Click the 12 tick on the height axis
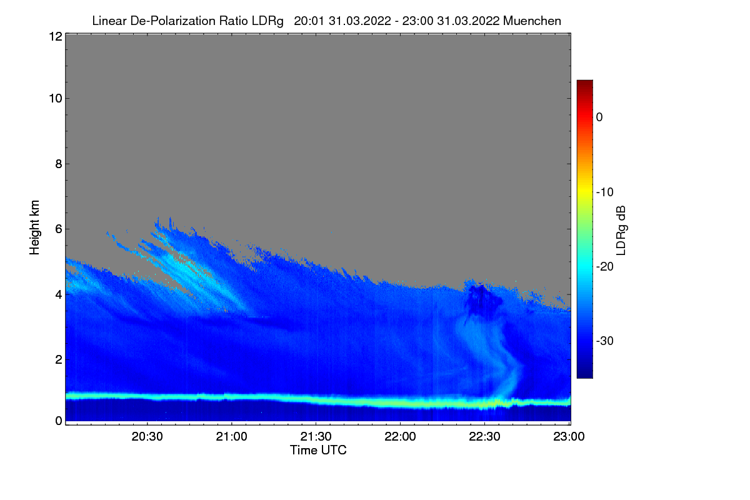54,36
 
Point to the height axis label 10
54,98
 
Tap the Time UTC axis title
318,450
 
